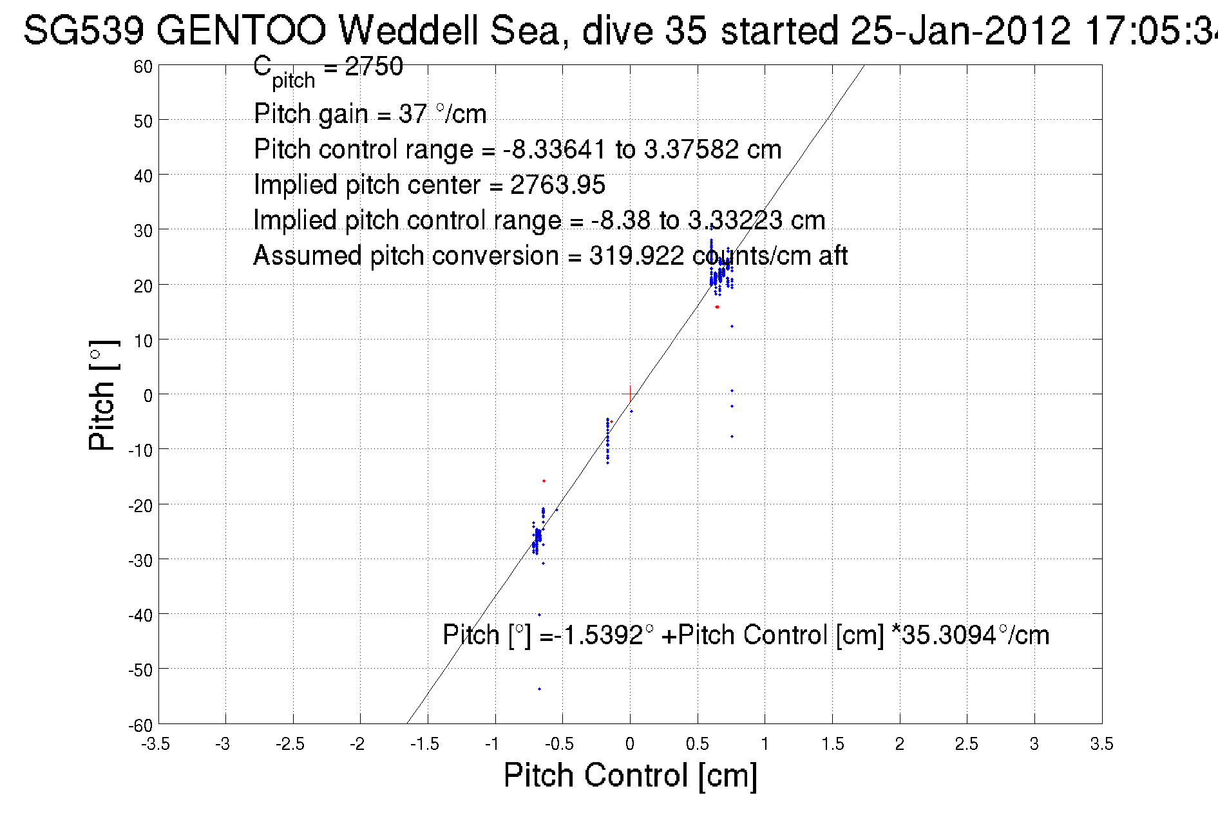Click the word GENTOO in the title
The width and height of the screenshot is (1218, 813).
pyautogui.click(x=241, y=31)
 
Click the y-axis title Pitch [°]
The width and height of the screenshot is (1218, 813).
pyautogui.click(x=103, y=395)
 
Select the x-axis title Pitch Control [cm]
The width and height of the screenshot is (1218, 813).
pyautogui.click(x=630, y=775)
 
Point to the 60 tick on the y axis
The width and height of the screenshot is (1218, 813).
pyautogui.click(x=143, y=66)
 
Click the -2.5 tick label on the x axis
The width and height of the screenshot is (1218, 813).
pyautogui.click(x=290, y=744)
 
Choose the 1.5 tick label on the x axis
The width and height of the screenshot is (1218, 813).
pyautogui.click(x=832, y=744)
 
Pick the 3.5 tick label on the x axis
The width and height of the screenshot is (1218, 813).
pyautogui.click(x=1101, y=744)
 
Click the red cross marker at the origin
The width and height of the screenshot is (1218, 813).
pyautogui.click(x=629, y=394)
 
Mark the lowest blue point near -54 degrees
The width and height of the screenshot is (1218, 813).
pyautogui.click(x=539, y=689)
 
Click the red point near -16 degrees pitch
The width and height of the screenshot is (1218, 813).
pyautogui.click(x=544, y=481)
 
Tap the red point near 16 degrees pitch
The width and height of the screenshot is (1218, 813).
pyautogui.click(x=717, y=307)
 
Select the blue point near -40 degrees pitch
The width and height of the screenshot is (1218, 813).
pyautogui.click(x=539, y=615)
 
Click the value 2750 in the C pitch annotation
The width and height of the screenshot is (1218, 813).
pyautogui.click(x=374, y=67)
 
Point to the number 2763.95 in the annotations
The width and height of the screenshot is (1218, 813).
pyautogui.click(x=558, y=186)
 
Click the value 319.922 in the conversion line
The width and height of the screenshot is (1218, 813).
pyautogui.click(x=636, y=256)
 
